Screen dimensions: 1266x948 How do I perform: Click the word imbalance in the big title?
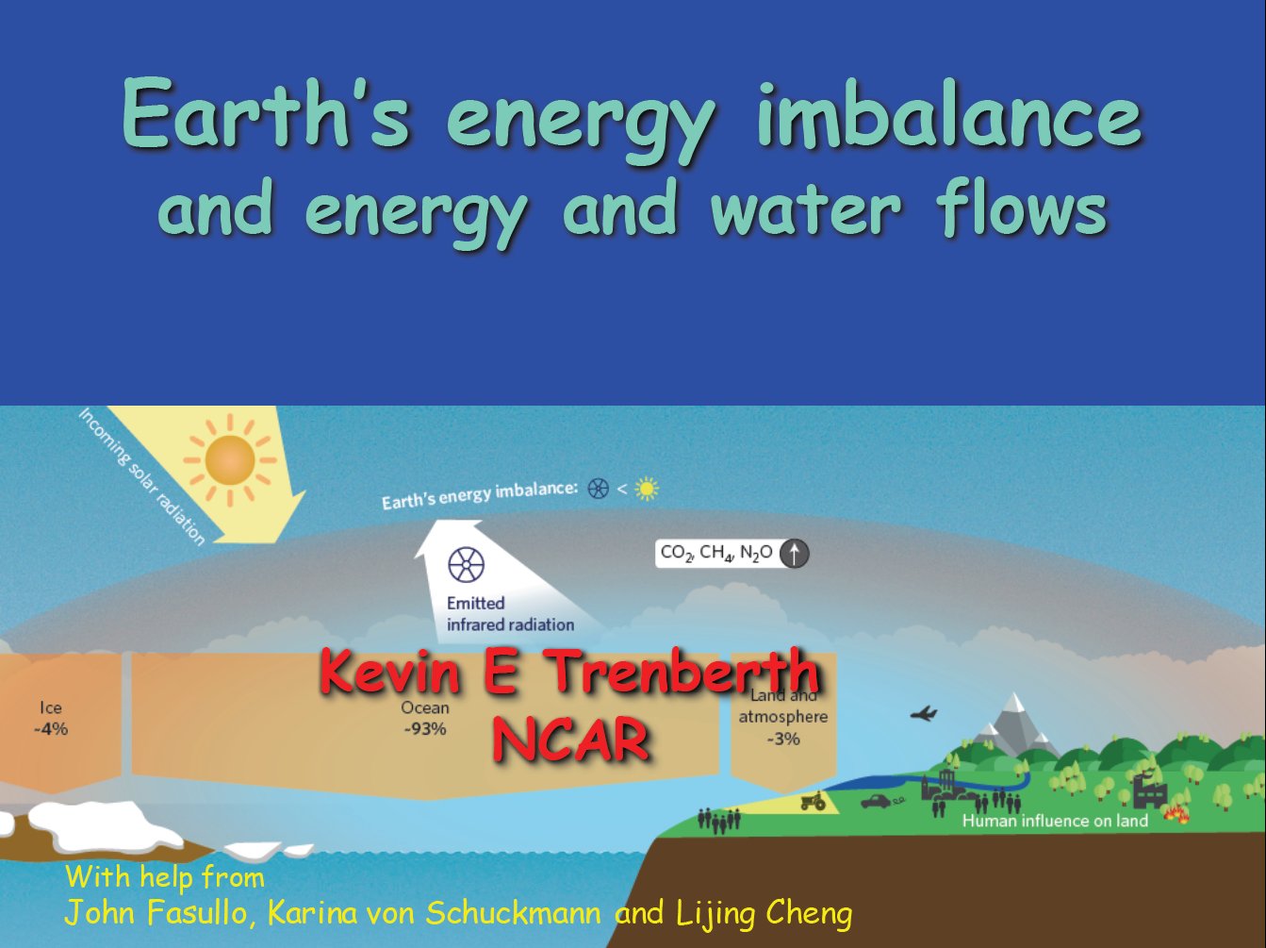click(948, 115)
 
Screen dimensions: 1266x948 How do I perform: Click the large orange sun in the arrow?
click(230, 460)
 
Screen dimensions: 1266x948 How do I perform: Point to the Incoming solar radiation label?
click(142, 476)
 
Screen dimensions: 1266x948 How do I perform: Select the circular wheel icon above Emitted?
click(466, 564)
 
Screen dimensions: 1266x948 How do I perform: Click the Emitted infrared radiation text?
click(510, 614)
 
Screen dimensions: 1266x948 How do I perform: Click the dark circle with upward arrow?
click(795, 554)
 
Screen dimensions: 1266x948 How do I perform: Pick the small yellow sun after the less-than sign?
click(647, 489)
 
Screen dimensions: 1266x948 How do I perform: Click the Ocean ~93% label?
click(425, 719)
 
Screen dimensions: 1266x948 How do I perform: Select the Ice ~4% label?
click(51, 719)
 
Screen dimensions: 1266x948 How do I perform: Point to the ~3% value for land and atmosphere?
click(783, 740)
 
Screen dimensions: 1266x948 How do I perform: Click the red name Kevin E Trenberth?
click(570, 671)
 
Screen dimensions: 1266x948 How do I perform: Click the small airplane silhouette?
click(924, 714)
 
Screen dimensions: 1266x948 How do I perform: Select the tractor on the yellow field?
click(814, 802)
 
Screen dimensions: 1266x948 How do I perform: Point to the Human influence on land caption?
click(1055, 821)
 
